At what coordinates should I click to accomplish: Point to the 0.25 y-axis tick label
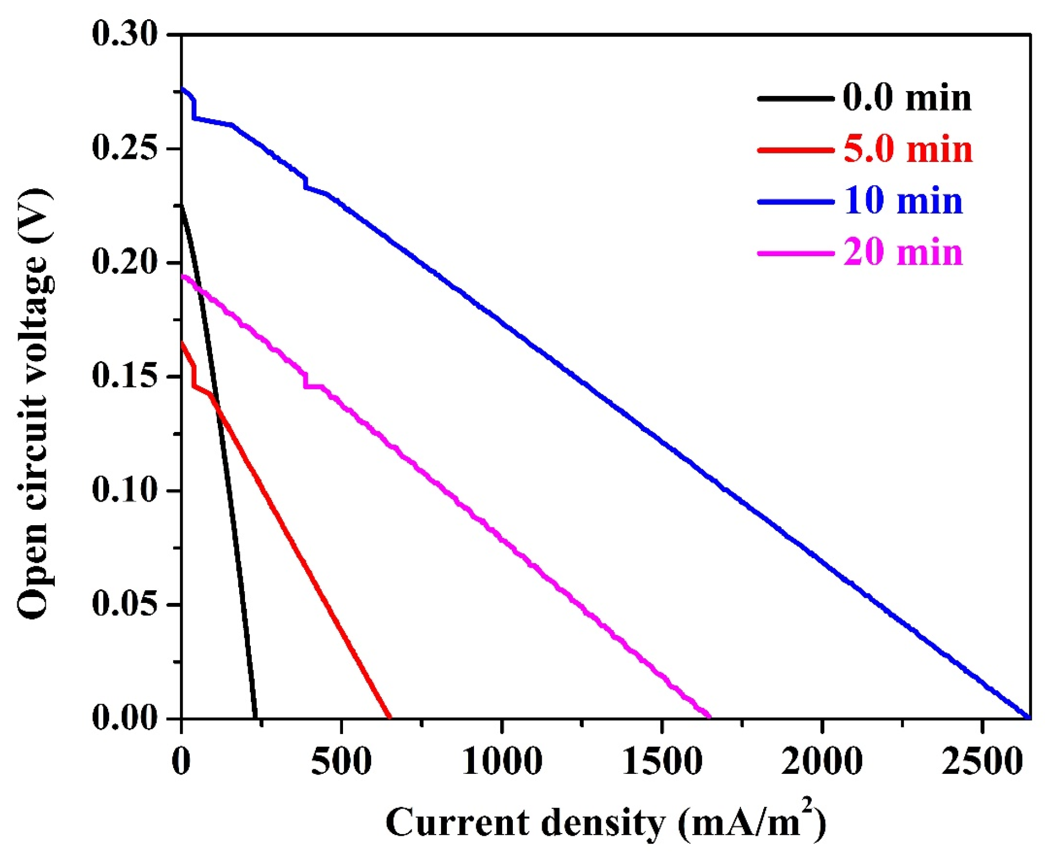[x=125, y=148]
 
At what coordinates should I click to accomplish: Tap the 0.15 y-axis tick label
[x=125, y=376]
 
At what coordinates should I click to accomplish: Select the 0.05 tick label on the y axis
[x=125, y=604]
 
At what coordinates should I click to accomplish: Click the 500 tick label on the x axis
[x=341, y=762]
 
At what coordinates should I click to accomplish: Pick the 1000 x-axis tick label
[x=502, y=762]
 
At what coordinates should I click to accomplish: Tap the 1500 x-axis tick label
[x=662, y=762]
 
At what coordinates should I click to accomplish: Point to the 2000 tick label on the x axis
[x=822, y=762]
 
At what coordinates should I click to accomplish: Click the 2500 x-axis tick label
[x=982, y=762]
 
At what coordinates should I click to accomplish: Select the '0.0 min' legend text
[x=907, y=98]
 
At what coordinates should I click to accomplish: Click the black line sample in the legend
[x=795, y=99]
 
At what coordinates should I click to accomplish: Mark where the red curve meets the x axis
[x=390, y=717]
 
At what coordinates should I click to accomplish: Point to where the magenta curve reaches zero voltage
[x=709, y=717]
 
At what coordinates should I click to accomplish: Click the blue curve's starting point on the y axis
[x=182, y=89]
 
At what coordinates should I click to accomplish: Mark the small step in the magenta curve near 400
[x=306, y=381]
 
